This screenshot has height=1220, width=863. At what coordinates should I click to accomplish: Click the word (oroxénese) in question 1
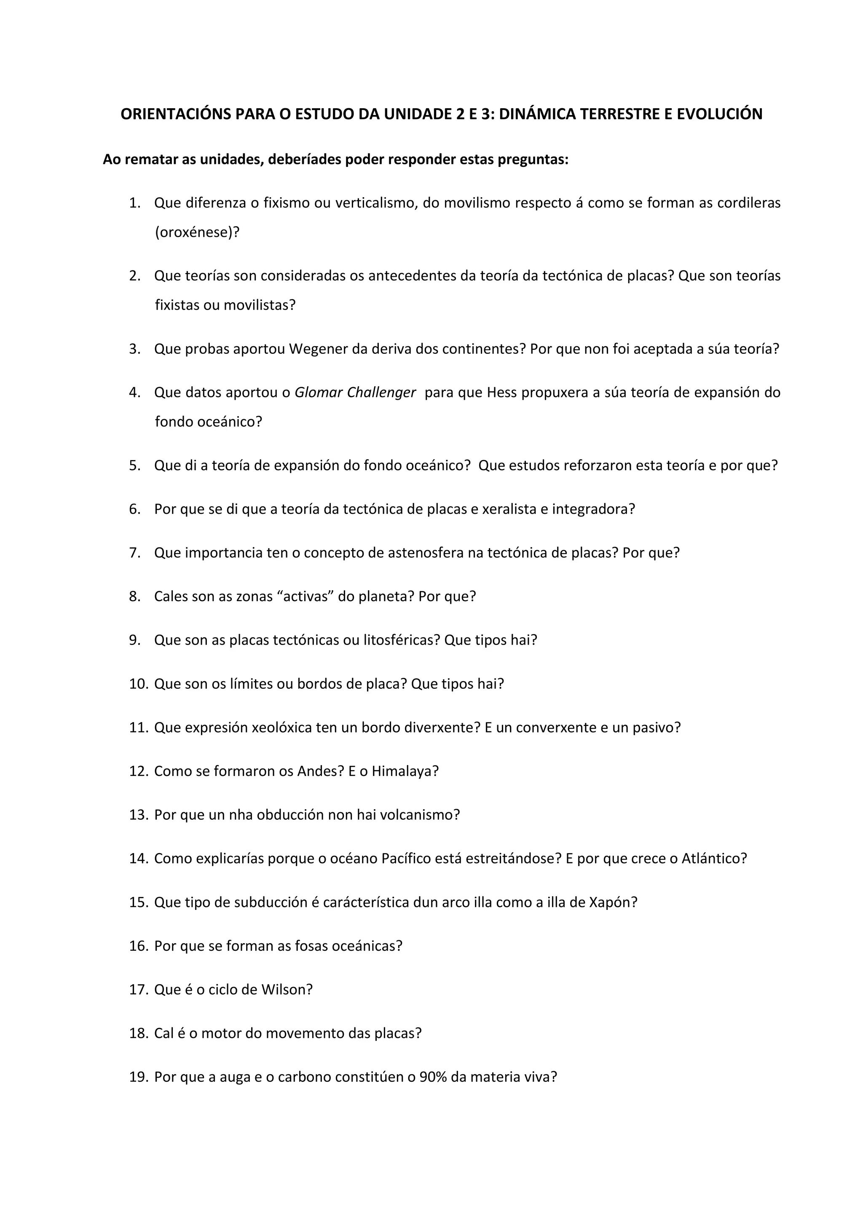click(197, 233)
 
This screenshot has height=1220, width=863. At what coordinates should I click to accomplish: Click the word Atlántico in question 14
click(714, 859)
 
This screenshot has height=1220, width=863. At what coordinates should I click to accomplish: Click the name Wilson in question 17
click(287, 990)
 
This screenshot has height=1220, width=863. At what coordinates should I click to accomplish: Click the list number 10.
click(138, 684)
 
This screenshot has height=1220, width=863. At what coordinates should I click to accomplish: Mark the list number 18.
click(138, 1033)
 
